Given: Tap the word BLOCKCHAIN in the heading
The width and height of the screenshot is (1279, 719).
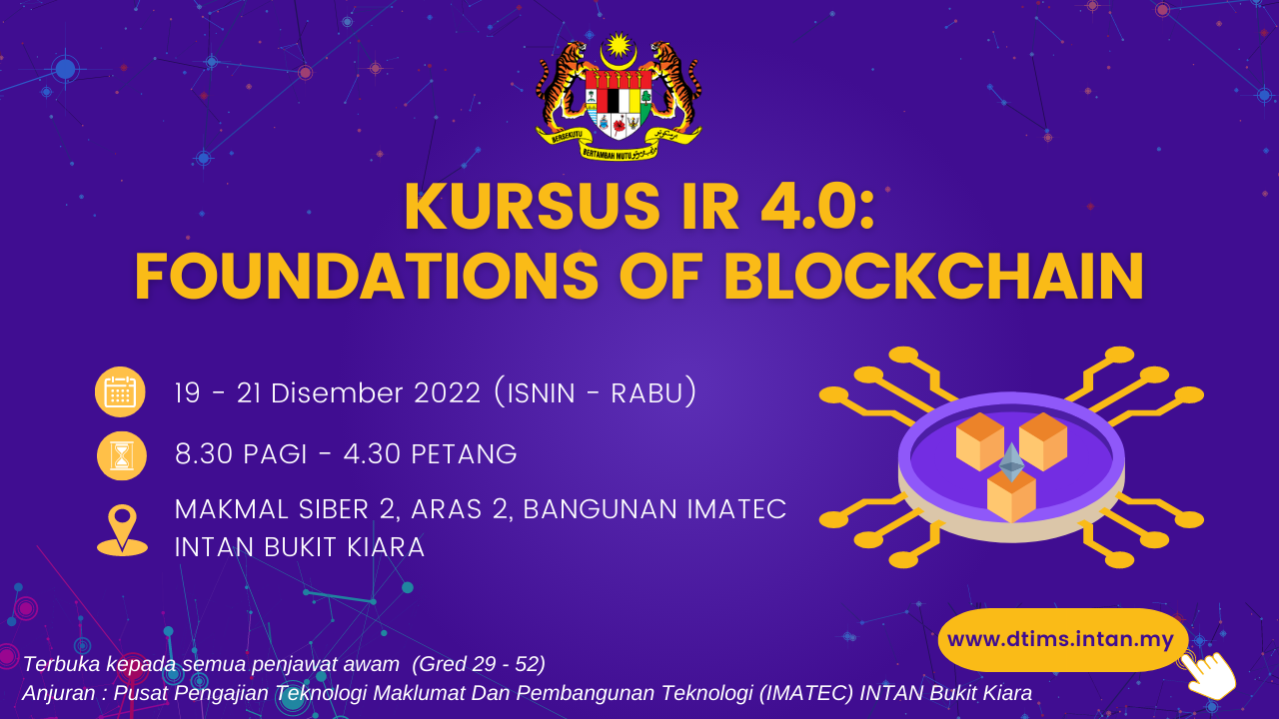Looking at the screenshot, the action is coord(934,277).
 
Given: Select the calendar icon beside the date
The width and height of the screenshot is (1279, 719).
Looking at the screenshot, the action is coord(120,392).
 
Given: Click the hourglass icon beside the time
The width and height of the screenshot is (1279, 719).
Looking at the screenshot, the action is coord(122,455).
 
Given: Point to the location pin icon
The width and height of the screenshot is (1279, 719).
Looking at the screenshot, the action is coord(122,530).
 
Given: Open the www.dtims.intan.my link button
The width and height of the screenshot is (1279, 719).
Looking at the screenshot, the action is coord(1061,639).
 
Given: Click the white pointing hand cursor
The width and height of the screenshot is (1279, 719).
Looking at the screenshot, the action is coord(1208,676).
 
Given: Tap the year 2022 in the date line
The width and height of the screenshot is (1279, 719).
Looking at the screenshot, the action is coord(447,393).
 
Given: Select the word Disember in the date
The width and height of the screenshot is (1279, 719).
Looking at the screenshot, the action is coord(337,393).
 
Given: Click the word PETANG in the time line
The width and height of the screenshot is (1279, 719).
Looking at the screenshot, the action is coord(464,454).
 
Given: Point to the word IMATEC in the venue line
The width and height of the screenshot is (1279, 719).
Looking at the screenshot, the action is coord(736,509).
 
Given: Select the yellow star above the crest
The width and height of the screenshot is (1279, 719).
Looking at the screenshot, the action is coord(619,46).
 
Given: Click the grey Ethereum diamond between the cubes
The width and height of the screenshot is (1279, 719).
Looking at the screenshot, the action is coord(1011,462).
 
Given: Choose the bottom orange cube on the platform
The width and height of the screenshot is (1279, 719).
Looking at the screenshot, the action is coord(1011,495).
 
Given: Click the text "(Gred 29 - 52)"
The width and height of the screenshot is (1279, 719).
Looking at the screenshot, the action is coord(479,664).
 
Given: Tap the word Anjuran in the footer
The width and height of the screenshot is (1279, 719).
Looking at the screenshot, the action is coord(59,693).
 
